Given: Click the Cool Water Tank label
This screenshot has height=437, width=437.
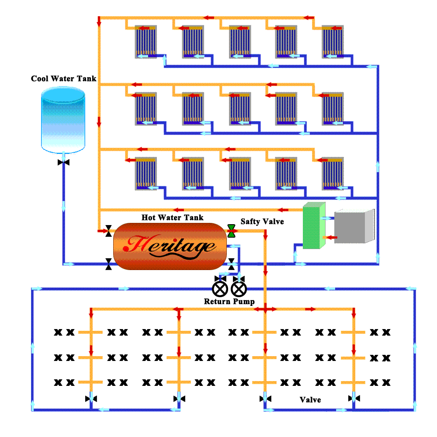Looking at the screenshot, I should [63, 79].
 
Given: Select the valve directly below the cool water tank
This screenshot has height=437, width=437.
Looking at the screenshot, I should [64, 163].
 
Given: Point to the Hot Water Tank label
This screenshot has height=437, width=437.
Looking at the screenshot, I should [172, 217].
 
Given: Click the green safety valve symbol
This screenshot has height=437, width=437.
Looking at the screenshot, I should [231, 231].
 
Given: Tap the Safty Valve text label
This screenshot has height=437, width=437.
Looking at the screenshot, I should [262, 222].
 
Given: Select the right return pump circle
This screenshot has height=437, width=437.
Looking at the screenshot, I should [239, 288].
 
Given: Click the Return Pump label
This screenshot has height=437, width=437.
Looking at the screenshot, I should [229, 302].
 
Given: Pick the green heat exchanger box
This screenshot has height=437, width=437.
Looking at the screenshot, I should [313, 226].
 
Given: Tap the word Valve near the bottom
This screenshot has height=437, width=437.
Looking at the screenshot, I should [310, 399].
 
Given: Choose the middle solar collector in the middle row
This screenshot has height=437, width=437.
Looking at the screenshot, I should [240, 109].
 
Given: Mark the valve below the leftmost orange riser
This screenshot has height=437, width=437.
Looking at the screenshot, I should [91, 399].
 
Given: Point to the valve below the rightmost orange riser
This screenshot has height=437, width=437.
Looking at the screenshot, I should [354, 398].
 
